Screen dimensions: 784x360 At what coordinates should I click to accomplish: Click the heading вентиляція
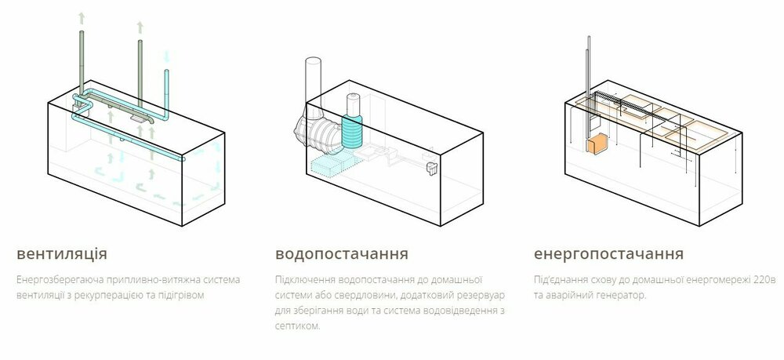coord(62,253)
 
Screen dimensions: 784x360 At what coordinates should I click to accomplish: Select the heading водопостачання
coord(342,253)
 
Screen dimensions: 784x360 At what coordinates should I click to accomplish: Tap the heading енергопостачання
coord(608,253)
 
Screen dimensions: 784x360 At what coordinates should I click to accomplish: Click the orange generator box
coord(597,145)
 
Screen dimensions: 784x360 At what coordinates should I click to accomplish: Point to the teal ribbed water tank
coord(352,131)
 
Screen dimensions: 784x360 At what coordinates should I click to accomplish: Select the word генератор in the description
coord(622,295)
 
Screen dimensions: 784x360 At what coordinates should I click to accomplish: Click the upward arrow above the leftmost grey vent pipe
coord(82,19)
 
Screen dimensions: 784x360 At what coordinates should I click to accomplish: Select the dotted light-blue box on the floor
coord(332,163)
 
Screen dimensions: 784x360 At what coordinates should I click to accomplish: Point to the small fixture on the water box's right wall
coord(431,169)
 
